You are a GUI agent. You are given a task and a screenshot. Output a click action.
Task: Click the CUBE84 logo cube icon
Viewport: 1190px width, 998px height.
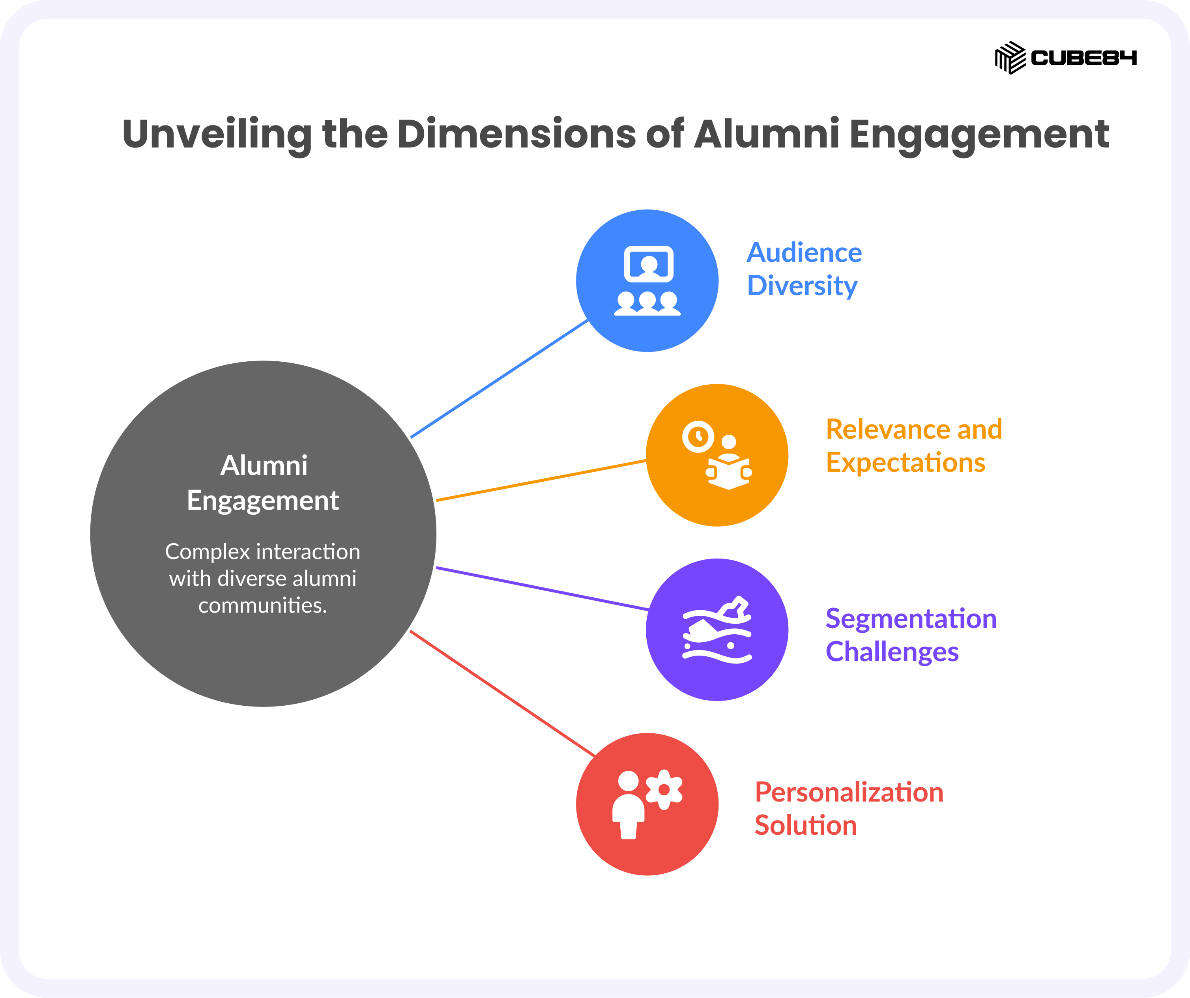pos(1010,58)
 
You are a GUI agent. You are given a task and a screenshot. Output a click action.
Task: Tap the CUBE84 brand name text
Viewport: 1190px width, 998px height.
pos(1083,58)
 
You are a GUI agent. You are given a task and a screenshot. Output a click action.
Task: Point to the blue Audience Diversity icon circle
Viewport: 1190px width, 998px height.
pos(647,281)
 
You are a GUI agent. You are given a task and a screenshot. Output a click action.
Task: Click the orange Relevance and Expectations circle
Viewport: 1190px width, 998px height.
pos(717,455)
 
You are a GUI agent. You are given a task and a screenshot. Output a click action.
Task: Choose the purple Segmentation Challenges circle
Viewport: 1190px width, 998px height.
pos(717,630)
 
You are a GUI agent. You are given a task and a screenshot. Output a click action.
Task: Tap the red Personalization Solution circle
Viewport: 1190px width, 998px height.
pos(647,804)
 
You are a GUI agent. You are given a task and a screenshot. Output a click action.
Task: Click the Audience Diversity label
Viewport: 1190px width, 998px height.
pos(804,269)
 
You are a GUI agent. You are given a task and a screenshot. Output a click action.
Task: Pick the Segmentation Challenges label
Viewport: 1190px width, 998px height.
pos(911,635)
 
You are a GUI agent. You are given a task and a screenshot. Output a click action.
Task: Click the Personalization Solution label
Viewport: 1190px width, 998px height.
pos(849,808)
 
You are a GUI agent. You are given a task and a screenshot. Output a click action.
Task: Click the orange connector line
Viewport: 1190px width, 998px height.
pos(541,481)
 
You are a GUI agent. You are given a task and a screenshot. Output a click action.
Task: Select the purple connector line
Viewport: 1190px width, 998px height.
pos(542,589)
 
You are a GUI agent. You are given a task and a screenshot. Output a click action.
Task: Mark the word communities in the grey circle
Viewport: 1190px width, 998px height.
pos(262,606)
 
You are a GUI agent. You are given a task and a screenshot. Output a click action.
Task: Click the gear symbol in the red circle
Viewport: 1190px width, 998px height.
pos(664,790)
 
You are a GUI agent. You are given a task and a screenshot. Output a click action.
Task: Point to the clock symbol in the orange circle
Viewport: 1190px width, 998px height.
pos(698,437)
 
